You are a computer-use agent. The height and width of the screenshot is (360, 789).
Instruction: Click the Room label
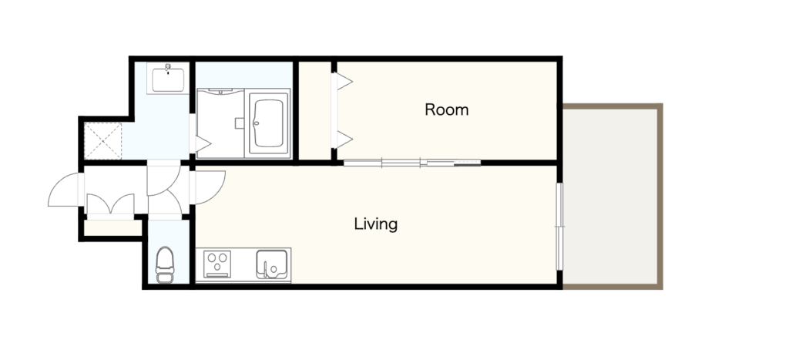(x=446, y=109)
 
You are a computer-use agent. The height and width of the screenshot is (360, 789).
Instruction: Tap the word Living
(x=376, y=224)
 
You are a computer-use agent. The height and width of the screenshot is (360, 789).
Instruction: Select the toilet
(x=165, y=265)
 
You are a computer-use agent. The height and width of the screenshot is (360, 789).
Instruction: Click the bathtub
(x=268, y=123)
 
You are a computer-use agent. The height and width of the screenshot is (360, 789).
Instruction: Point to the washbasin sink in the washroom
(x=167, y=79)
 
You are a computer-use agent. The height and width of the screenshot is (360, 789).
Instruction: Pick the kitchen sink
(x=272, y=264)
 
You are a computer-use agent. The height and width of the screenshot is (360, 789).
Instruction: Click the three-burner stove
(x=217, y=264)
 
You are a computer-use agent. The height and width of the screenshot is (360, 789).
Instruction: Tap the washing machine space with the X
(x=102, y=141)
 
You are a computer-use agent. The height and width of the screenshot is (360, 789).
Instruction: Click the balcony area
(x=610, y=197)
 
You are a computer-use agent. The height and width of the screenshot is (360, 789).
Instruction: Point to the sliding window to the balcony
(x=559, y=227)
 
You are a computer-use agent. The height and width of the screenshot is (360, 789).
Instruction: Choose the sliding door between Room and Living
(x=412, y=163)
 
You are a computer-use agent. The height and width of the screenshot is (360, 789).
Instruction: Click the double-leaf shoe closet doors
(x=110, y=204)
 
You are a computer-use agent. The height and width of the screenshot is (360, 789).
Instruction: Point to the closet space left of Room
(x=315, y=110)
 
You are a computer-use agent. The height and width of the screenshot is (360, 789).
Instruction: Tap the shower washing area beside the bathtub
(x=220, y=123)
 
